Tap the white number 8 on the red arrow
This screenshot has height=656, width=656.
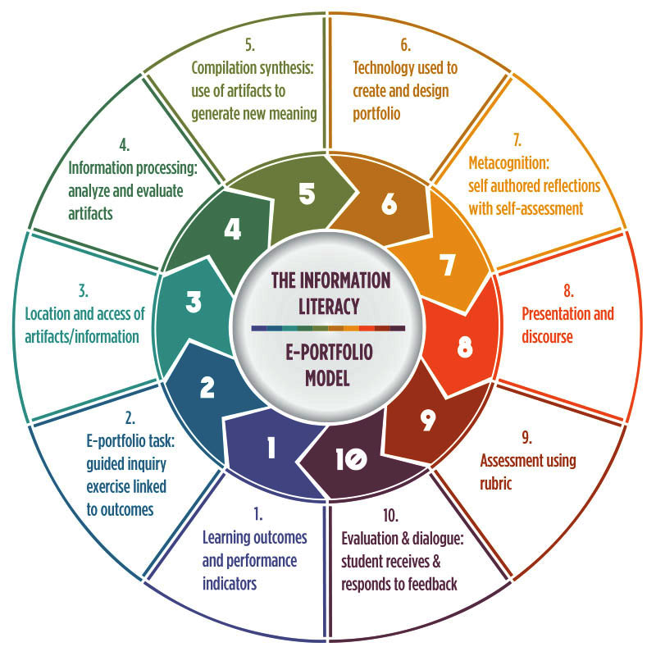click(464, 347)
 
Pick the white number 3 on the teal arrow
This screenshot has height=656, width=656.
click(194, 302)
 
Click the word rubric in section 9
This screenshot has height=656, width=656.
click(497, 484)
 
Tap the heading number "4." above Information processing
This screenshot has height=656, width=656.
click(125, 145)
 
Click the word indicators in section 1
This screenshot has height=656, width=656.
click(230, 584)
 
